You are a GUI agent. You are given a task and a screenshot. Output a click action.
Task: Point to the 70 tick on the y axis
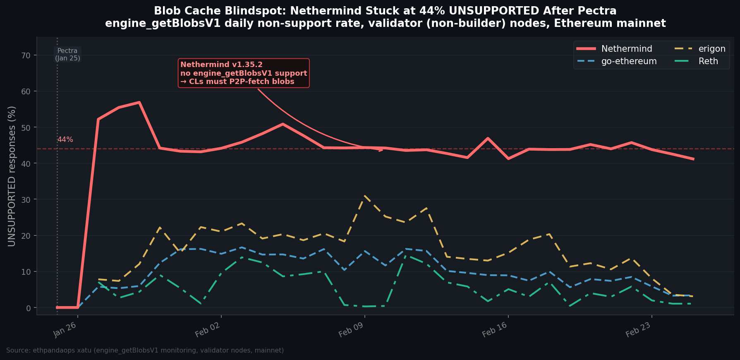click(x=27, y=55)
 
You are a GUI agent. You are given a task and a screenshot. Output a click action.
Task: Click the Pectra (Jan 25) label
click(x=67, y=55)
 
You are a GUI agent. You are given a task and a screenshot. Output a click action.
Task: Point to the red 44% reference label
click(x=65, y=140)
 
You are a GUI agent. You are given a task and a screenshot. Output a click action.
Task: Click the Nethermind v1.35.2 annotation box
click(x=244, y=73)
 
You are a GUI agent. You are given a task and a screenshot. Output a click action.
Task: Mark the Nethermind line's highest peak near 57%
click(x=139, y=102)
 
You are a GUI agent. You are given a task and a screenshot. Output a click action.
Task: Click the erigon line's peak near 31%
click(x=364, y=196)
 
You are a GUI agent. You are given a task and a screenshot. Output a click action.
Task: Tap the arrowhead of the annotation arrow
click(x=381, y=150)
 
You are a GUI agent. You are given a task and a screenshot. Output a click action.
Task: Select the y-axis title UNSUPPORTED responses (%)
click(x=12, y=176)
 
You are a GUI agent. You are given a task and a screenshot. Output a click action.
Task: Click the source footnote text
click(x=145, y=350)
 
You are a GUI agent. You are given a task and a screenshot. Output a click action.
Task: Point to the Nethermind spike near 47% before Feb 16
click(x=488, y=138)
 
